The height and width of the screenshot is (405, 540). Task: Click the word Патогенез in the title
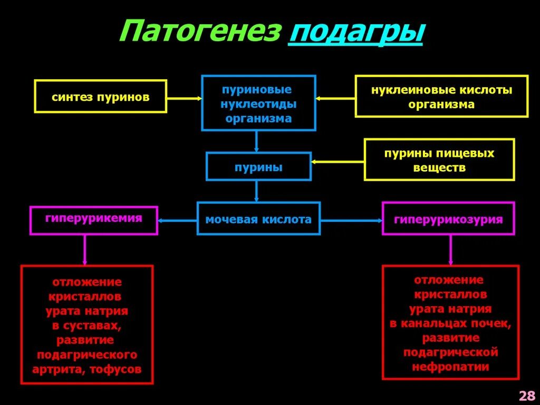click(x=198, y=33)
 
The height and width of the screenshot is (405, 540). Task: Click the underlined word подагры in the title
click(x=355, y=33)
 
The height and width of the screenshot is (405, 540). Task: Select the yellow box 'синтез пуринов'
click(x=101, y=97)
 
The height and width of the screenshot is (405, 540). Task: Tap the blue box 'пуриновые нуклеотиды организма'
click(x=258, y=103)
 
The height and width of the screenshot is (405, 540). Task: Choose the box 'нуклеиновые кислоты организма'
click(x=441, y=97)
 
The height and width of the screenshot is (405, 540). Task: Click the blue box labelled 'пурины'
click(x=258, y=167)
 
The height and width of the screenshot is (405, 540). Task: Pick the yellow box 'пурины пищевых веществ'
click(x=439, y=160)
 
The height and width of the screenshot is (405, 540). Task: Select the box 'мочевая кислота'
click(x=258, y=219)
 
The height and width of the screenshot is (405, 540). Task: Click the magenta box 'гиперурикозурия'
click(x=448, y=219)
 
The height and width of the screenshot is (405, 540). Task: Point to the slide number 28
click(x=527, y=395)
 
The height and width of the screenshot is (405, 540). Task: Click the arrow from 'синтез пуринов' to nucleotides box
click(x=184, y=98)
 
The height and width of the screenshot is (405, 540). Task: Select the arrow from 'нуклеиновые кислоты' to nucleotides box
click(x=335, y=98)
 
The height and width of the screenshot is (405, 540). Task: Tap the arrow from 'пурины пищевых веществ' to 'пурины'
click(x=337, y=162)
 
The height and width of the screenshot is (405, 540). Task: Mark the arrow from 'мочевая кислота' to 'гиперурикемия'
click(x=177, y=220)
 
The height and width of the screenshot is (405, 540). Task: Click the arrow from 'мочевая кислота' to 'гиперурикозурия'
click(x=351, y=220)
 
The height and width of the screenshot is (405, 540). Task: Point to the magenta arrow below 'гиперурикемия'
click(x=84, y=250)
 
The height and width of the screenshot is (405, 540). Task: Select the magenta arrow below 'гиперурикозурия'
click(x=450, y=250)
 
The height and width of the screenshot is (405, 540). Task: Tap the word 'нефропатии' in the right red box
click(x=451, y=366)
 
